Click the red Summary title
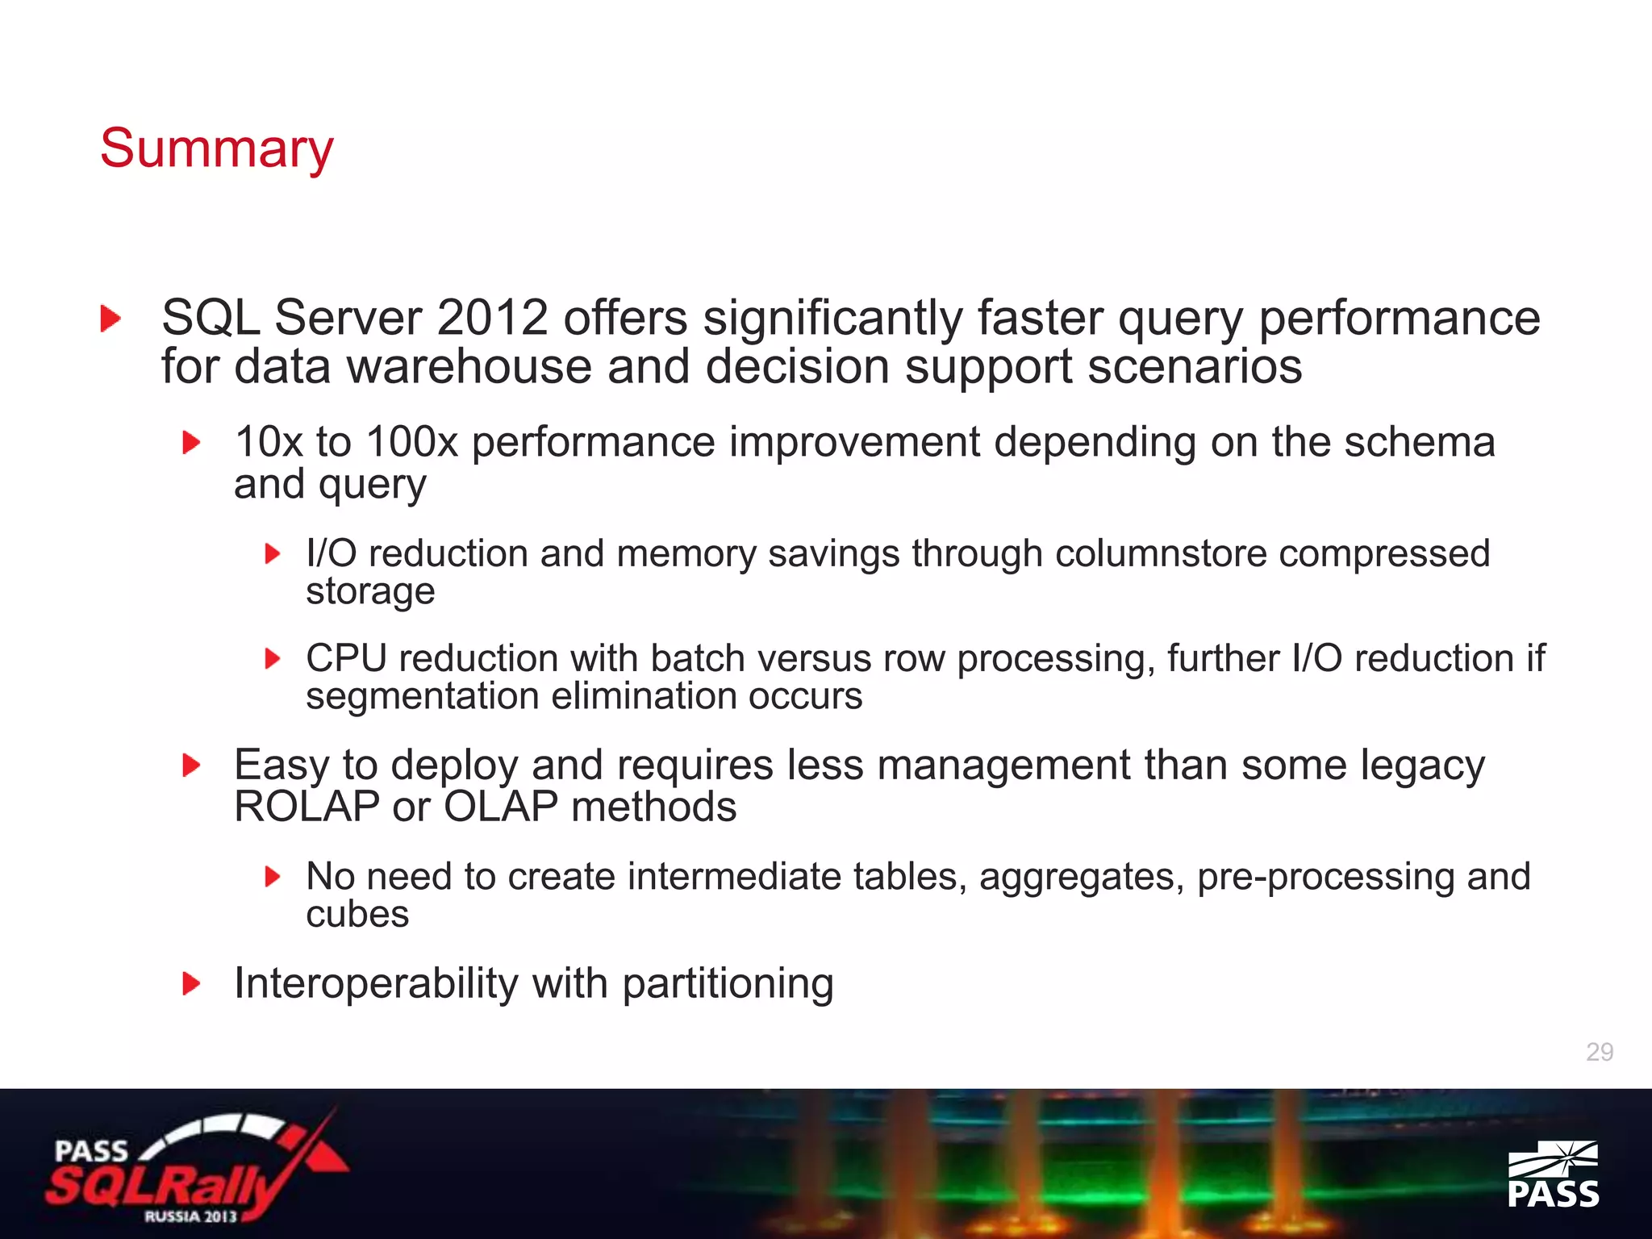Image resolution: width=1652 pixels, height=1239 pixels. pyautogui.click(x=216, y=149)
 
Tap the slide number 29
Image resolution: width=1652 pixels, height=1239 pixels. pyautogui.click(x=1600, y=1052)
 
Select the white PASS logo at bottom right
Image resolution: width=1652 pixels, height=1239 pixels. pyautogui.click(x=1553, y=1174)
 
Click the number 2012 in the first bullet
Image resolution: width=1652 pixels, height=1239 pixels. pyautogui.click(x=492, y=318)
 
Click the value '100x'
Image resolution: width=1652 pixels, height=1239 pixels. pyautogui.click(x=411, y=442)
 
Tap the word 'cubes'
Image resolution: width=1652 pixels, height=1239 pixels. pyautogui.click(x=357, y=915)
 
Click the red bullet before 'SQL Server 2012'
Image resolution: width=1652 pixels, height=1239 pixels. pyautogui.click(x=111, y=319)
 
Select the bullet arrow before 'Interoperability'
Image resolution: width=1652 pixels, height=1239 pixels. pyautogui.click(x=191, y=984)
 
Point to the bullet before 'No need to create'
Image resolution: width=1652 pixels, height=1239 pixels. pyautogui.click(x=273, y=877)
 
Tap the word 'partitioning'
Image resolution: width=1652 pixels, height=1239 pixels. pyautogui.click(x=728, y=984)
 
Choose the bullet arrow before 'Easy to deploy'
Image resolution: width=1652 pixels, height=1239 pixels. pyautogui.click(x=191, y=766)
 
